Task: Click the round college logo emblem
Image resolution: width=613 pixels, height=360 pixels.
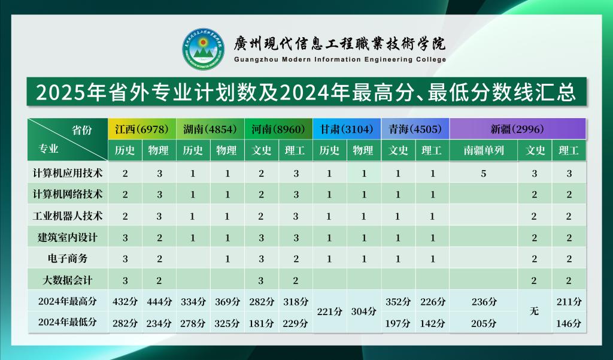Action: [203, 49]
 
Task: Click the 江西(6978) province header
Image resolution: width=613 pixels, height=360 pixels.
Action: [142, 129]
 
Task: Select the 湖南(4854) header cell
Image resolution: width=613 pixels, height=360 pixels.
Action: [210, 129]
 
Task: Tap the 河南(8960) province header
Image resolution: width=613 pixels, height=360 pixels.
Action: [278, 129]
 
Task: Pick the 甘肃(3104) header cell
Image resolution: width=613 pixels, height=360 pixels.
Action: [347, 129]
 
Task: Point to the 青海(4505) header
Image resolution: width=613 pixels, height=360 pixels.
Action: [415, 129]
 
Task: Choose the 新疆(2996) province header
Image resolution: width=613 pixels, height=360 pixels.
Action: [518, 129]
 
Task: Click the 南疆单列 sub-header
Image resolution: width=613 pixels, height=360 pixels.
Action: [484, 150]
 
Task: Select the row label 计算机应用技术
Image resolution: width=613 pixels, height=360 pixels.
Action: [68, 173]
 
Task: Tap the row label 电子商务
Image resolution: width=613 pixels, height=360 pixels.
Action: [68, 258]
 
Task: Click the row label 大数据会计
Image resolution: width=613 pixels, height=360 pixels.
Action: [68, 280]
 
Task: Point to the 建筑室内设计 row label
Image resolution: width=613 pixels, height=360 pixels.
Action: [68, 237]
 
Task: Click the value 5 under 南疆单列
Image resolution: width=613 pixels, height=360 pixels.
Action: [484, 173]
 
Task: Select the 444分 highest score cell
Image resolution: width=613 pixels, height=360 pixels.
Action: [159, 302]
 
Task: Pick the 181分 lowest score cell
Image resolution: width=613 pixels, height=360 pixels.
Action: [262, 323]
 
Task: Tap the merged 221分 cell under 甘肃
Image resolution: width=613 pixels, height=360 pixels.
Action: [330, 311]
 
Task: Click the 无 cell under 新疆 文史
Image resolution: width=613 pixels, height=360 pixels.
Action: [535, 311]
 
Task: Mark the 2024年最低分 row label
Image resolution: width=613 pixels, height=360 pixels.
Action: [68, 322]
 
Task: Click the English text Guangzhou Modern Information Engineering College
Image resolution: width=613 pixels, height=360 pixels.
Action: [340, 59]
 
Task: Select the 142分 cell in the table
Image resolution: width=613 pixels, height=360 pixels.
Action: [432, 323]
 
